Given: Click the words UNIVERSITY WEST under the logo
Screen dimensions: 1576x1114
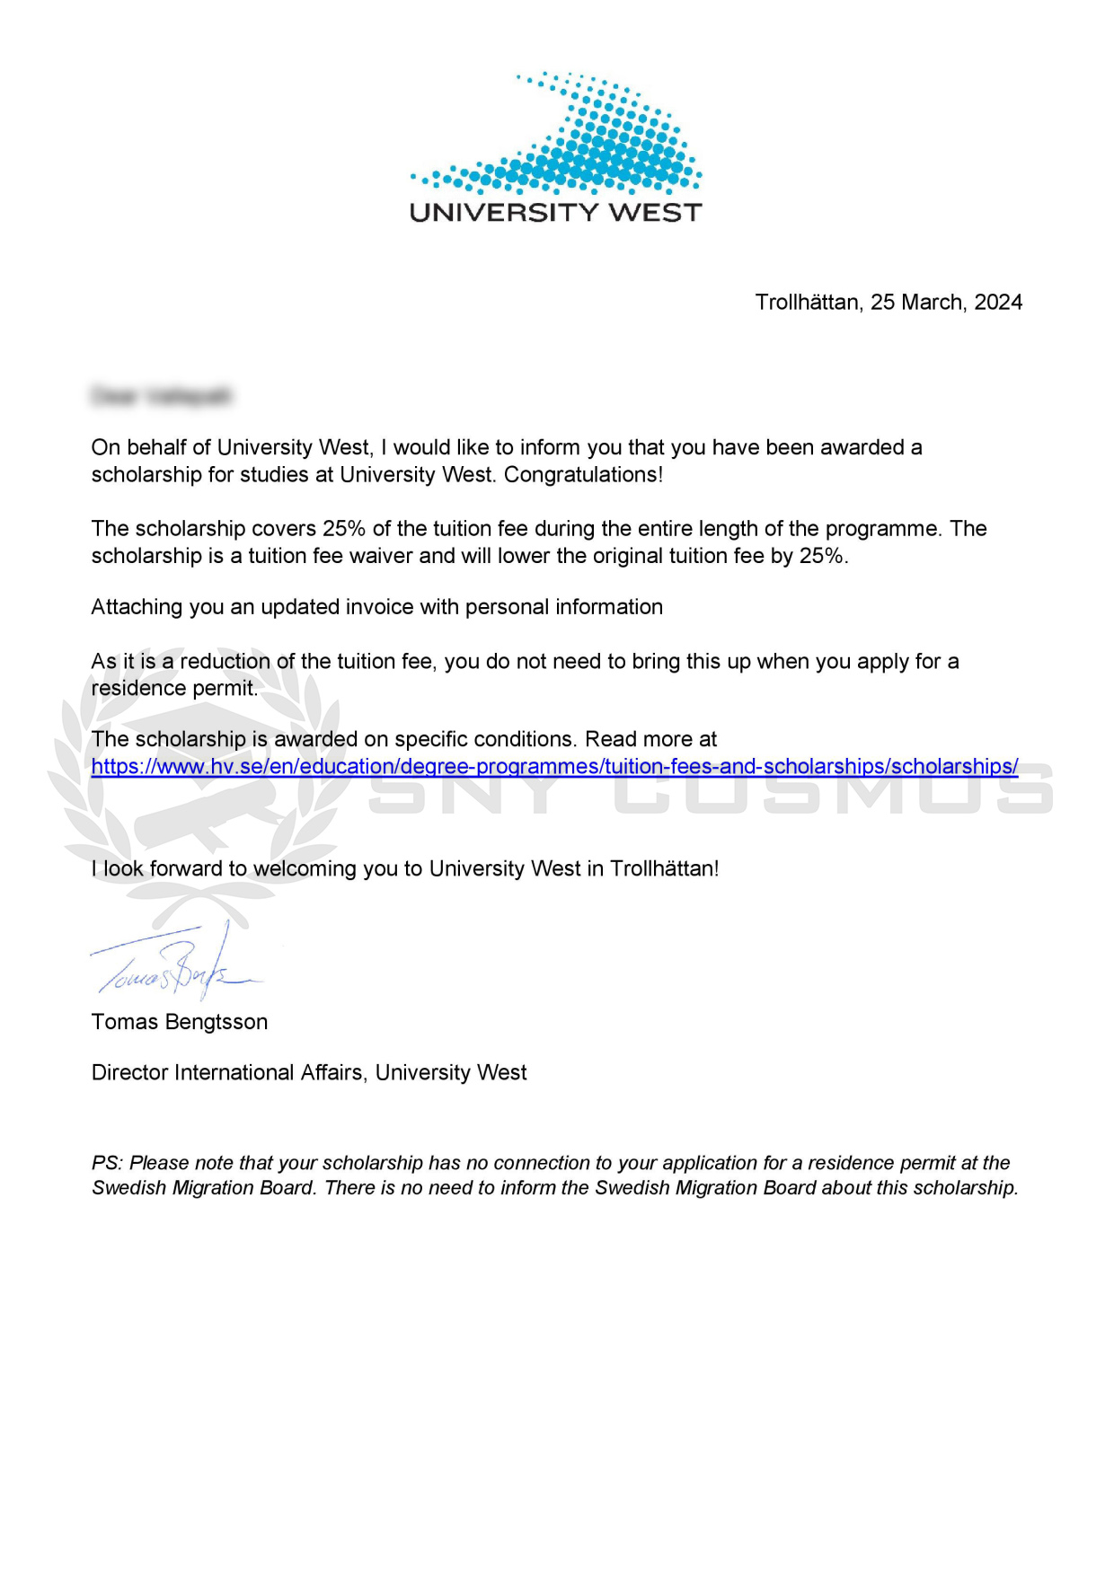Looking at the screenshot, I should [555, 213].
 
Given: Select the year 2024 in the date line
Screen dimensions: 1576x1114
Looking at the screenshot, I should [997, 303].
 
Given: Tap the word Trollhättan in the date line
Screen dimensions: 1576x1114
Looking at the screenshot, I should [808, 303].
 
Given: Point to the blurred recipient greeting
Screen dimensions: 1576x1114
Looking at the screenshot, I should [162, 396].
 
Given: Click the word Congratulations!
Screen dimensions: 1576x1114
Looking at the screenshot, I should [583, 475].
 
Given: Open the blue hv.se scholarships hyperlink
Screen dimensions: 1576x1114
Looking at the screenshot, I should [554, 767].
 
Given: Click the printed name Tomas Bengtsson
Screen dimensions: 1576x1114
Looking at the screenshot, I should [180, 1022].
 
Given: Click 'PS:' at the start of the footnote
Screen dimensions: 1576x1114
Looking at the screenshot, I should [106, 1164].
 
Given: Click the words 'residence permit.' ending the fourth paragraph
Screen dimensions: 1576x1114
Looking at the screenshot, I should [174, 689].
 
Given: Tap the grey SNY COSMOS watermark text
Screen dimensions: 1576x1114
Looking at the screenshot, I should [710, 790].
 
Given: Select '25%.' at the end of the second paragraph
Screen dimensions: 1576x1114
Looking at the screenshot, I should [824, 556].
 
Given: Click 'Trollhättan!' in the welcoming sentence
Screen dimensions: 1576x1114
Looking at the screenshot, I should [664, 869].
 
